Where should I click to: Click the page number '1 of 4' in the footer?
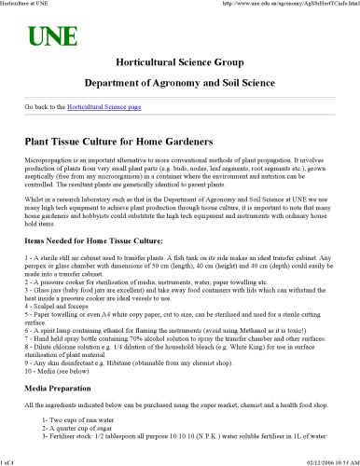tap(11, 459)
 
